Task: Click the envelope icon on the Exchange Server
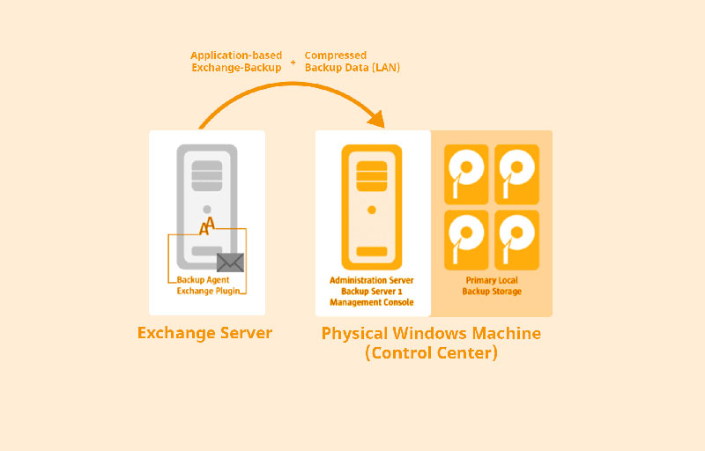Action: point(230,262)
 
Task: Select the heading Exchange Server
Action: point(204,333)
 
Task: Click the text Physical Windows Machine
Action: point(431,334)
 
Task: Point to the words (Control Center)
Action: point(431,353)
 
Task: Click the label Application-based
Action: point(236,55)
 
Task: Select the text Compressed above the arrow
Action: point(336,55)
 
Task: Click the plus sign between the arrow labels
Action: point(293,62)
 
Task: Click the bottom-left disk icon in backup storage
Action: point(467,239)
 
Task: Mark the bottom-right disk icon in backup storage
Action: point(516,239)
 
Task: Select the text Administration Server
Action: point(372,280)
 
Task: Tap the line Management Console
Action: point(372,302)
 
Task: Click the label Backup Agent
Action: point(204,280)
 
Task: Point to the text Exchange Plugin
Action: point(208,290)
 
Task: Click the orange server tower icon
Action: point(372,206)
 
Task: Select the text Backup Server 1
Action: point(372,291)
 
